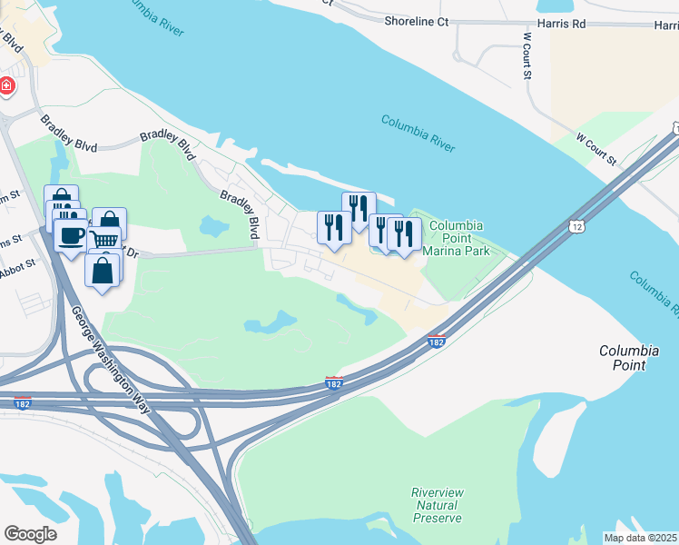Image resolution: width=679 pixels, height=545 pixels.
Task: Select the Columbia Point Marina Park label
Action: (x=456, y=238)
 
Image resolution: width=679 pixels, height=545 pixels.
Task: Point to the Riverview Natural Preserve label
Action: (x=438, y=505)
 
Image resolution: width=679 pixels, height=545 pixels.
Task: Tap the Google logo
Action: (x=30, y=534)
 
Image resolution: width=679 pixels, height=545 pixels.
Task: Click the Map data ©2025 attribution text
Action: (x=639, y=538)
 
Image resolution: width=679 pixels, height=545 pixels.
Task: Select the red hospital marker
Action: (x=6, y=85)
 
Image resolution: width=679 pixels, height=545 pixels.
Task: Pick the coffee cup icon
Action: (x=72, y=235)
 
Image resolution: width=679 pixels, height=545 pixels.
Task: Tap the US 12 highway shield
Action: (x=577, y=223)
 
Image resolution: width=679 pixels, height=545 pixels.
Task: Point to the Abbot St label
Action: (x=17, y=263)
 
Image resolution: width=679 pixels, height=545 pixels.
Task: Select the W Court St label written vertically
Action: (x=526, y=56)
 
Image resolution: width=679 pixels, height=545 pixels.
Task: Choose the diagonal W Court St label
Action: (x=596, y=149)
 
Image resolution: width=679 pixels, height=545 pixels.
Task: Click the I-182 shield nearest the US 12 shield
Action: (x=437, y=342)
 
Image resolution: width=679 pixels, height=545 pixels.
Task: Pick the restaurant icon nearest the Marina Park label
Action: (x=404, y=233)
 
